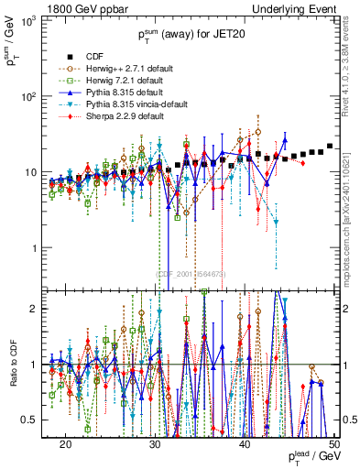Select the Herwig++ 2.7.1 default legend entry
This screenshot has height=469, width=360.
click(124, 68)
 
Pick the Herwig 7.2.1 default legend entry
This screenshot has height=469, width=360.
click(121, 80)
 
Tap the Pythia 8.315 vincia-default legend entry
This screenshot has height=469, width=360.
click(133, 104)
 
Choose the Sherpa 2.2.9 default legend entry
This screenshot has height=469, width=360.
click(121, 117)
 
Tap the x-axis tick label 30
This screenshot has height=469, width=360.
click(155, 444)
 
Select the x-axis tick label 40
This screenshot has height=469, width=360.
click(245, 444)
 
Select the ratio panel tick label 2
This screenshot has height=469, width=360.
click(42, 309)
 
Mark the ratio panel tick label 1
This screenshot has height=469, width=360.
click(42, 365)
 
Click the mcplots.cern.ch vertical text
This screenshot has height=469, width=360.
click(352, 206)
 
